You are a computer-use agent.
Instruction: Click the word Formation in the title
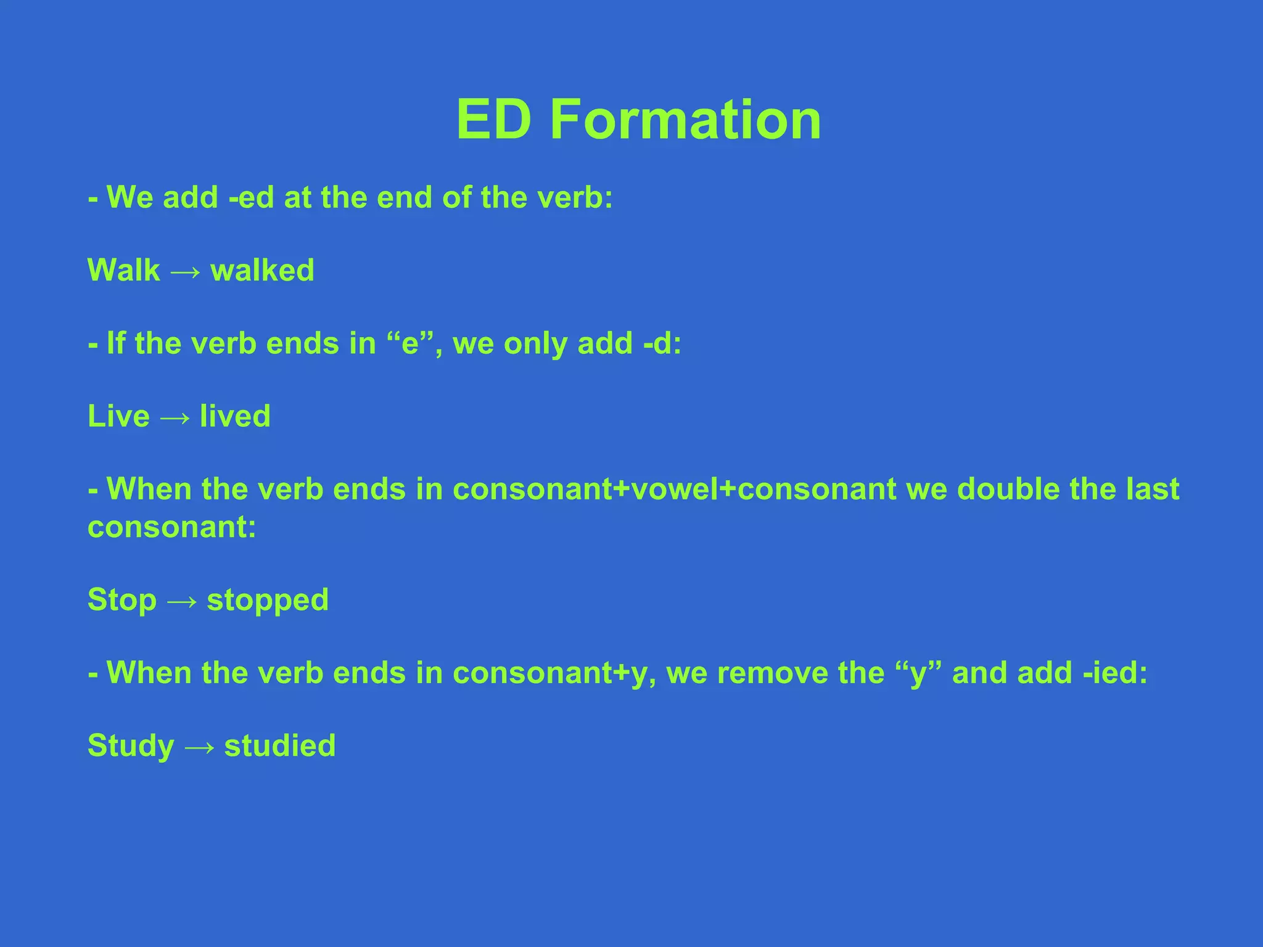click(x=685, y=120)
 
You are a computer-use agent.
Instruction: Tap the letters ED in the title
click(x=493, y=120)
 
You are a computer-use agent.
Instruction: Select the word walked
click(x=262, y=271)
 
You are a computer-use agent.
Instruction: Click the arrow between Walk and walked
click(x=185, y=272)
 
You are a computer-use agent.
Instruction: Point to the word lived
click(x=235, y=416)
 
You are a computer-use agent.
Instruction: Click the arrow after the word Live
click(x=175, y=418)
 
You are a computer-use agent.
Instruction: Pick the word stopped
click(x=268, y=601)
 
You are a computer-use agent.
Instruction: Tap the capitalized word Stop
click(x=122, y=600)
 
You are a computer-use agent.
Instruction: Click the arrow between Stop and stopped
click(x=182, y=601)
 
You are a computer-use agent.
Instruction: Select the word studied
click(x=280, y=746)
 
